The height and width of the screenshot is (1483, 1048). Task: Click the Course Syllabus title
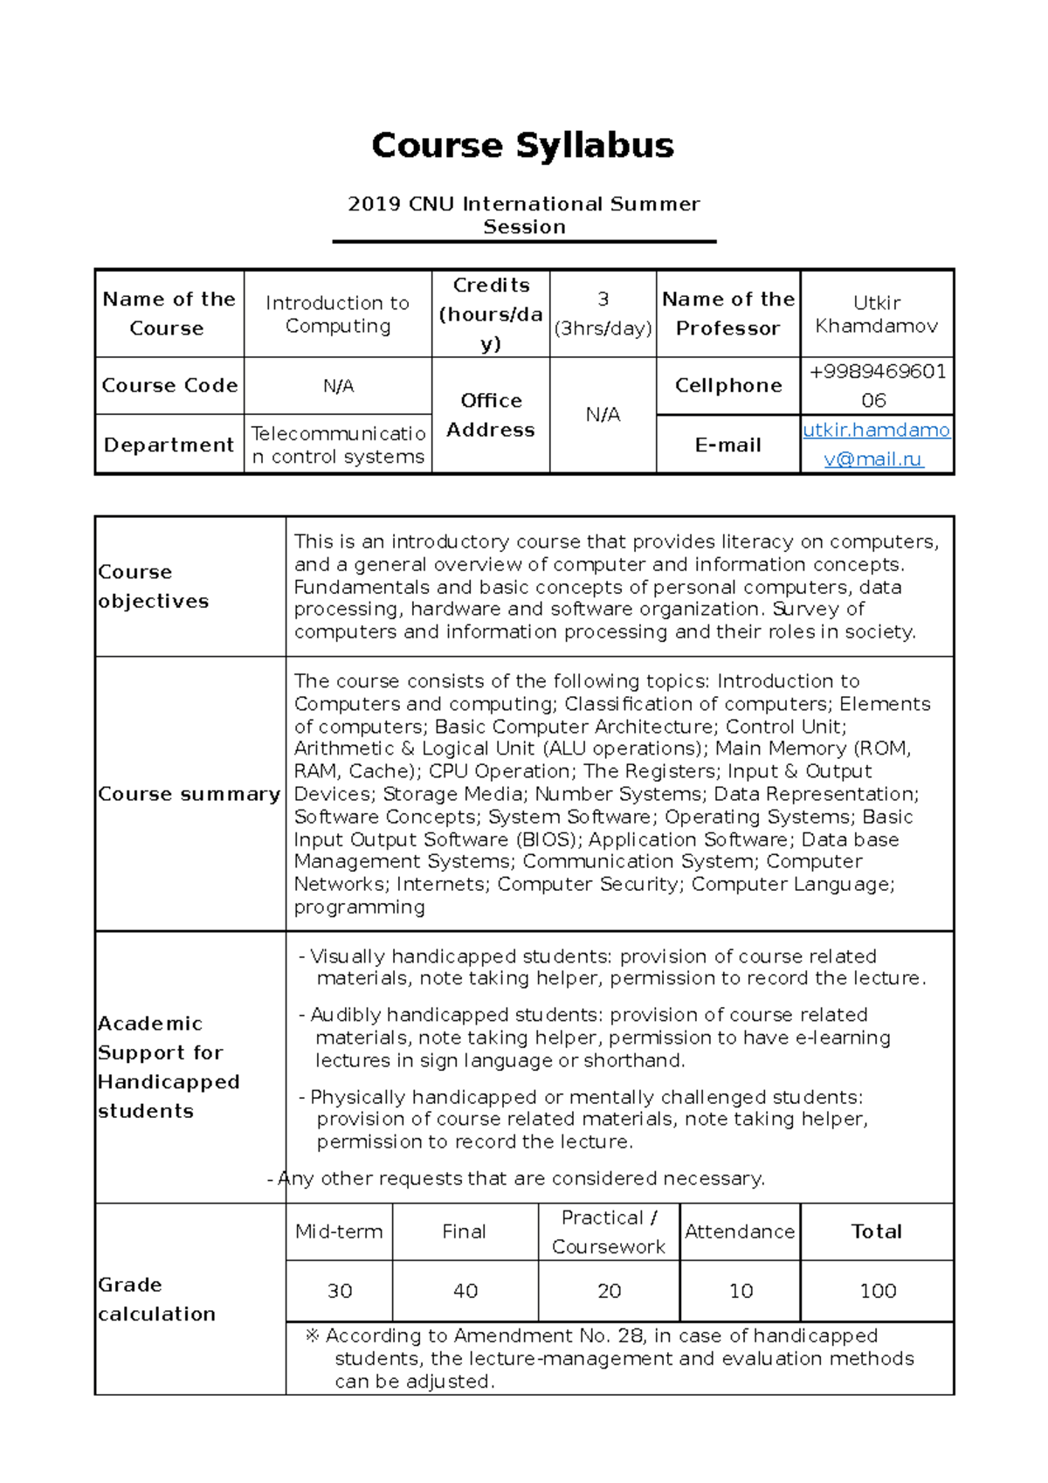click(522, 145)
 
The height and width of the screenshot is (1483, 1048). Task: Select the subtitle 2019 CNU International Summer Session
click(523, 215)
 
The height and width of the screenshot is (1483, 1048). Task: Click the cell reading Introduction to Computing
click(337, 314)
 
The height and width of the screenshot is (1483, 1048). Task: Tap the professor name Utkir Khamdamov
click(876, 314)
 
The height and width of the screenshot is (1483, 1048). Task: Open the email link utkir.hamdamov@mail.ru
click(876, 445)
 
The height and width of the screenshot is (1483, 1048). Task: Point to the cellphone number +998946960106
click(876, 385)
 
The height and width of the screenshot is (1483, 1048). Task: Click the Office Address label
click(491, 415)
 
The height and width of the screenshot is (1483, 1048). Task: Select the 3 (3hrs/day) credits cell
click(603, 314)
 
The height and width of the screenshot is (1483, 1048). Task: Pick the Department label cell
click(169, 445)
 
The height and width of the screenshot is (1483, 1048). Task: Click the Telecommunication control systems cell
click(338, 445)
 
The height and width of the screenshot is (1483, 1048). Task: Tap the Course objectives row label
click(154, 586)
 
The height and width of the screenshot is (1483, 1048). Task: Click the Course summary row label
click(189, 794)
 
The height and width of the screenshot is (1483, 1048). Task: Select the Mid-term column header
click(339, 1231)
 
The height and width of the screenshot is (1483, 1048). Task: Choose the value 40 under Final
click(465, 1291)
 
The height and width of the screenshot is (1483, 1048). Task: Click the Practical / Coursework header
click(609, 1231)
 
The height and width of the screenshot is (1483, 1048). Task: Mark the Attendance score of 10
click(741, 1291)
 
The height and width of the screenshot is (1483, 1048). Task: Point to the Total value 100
click(878, 1291)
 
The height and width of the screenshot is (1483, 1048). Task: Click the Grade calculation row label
click(156, 1299)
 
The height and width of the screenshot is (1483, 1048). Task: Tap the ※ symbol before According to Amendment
click(312, 1335)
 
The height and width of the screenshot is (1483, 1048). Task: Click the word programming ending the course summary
click(359, 907)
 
